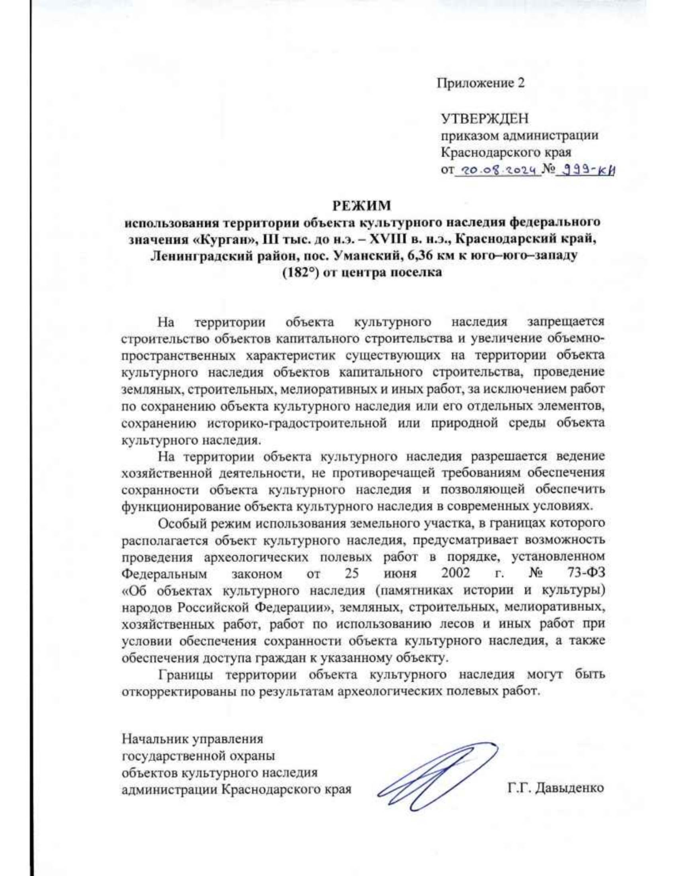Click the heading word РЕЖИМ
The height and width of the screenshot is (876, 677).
361,204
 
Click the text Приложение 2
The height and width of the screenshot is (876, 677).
480,83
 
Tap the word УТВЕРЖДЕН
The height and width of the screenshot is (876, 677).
485,118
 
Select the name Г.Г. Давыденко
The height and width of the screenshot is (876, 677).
556,788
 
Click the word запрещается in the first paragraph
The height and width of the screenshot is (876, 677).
565,322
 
